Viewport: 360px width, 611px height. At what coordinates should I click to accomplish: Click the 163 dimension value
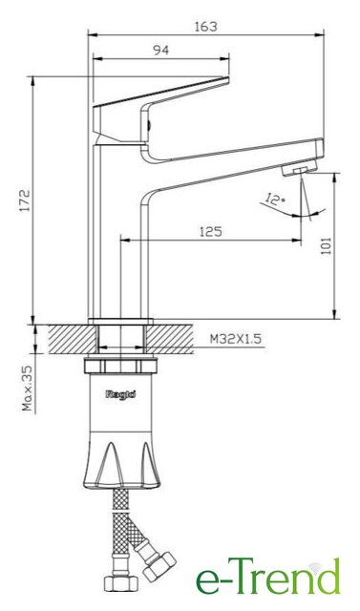pos(205,27)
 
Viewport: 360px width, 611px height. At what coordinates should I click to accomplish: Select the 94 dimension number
pos(160,50)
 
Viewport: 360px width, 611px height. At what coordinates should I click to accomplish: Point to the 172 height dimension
pos(26,200)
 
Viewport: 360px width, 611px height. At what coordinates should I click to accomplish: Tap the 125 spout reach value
pos(211,231)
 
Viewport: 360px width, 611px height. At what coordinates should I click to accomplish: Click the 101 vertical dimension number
pos(326,246)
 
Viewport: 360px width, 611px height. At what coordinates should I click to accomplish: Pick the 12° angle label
pos(275,199)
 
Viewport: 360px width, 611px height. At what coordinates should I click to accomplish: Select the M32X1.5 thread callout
pos(235,339)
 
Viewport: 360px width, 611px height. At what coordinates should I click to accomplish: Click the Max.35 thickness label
pos(27,388)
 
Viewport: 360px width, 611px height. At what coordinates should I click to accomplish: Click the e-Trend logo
pos(268,577)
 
